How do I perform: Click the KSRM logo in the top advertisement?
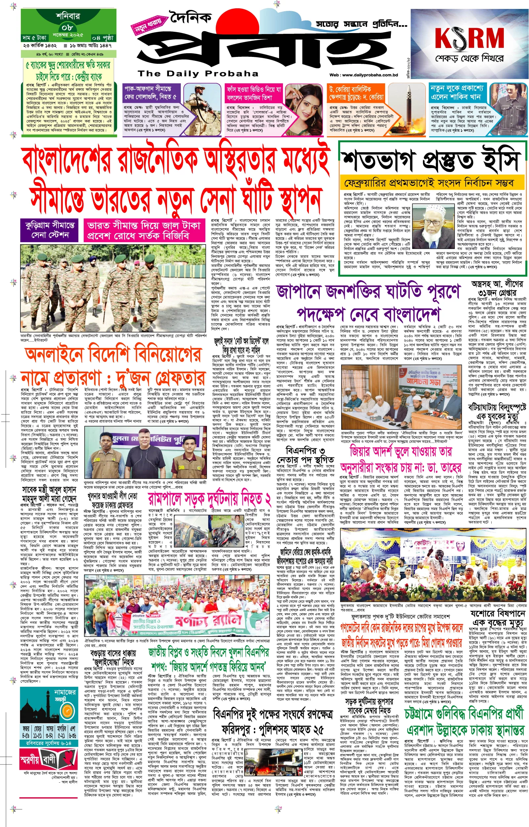pos(469,38)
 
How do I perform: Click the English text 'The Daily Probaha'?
pos(198,73)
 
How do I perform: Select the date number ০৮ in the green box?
pos(67,27)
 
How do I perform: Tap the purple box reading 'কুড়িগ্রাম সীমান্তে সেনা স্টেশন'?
pos(50,230)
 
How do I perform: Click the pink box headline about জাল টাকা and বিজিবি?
pos(143,230)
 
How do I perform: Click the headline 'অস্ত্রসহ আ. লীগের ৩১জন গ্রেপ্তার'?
pos(497,288)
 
